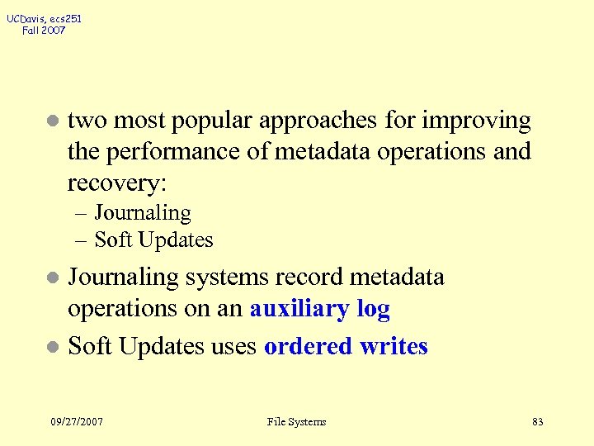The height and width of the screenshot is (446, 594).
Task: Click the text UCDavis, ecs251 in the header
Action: click(x=45, y=18)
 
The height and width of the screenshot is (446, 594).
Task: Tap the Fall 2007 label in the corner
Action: click(x=45, y=31)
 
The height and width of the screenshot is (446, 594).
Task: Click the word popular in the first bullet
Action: click(x=214, y=121)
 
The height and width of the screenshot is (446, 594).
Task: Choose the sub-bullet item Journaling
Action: click(x=143, y=213)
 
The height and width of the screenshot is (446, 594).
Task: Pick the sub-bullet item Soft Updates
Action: click(x=153, y=240)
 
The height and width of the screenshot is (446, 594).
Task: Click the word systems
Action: click(x=226, y=278)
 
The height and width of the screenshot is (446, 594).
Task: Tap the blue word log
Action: click(x=373, y=310)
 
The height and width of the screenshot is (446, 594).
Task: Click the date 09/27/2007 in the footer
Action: click(x=77, y=422)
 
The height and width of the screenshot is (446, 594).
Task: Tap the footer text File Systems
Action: click(x=297, y=422)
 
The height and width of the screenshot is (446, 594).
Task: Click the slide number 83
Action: click(x=538, y=422)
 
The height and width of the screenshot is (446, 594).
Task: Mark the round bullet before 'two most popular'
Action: click(x=52, y=121)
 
